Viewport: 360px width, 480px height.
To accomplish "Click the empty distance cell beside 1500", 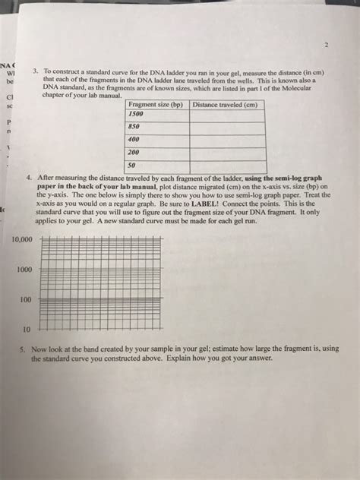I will click(228, 114).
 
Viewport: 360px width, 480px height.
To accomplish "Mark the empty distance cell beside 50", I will click(228, 165).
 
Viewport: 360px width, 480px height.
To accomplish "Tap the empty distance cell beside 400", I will click(228, 140).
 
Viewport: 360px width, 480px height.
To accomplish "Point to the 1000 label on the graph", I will click(25, 269).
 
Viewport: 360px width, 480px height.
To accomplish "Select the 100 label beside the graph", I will click(27, 299).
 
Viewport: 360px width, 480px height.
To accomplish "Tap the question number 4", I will click(30, 176).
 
